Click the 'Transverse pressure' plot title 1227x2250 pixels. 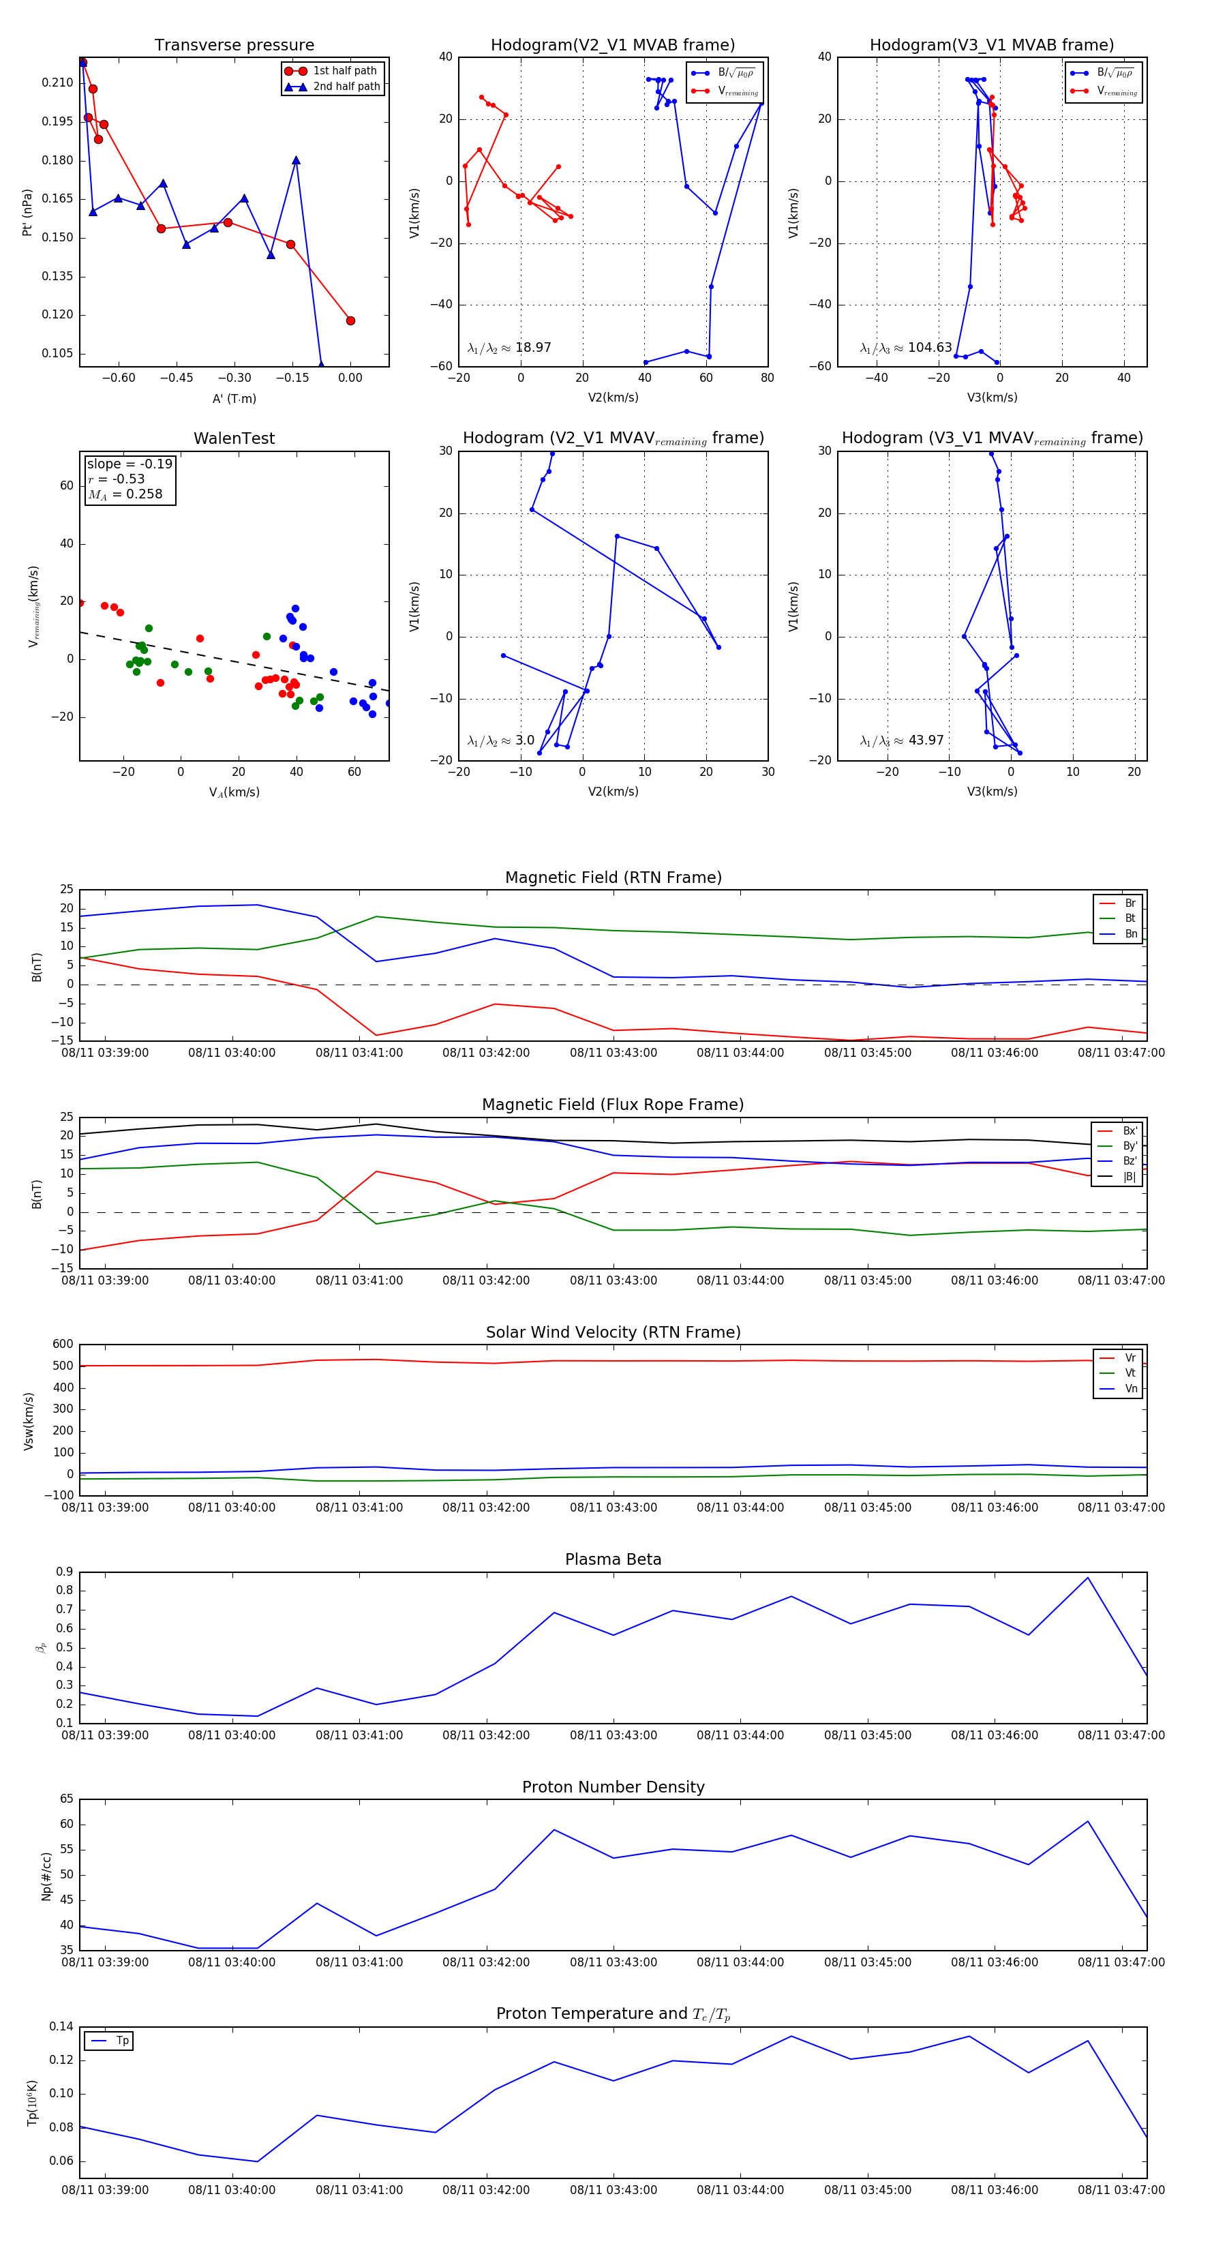(234, 46)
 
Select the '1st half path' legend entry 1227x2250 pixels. (344, 71)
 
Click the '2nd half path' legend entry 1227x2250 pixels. (346, 87)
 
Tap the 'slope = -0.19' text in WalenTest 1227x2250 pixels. (130, 464)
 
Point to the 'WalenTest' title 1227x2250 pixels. (234, 438)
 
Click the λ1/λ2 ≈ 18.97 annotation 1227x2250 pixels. (509, 348)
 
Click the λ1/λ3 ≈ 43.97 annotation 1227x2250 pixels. (901, 740)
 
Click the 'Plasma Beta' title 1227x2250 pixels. (613, 1560)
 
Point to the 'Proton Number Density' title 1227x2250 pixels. (613, 1787)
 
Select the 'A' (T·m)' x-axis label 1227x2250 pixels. (234, 399)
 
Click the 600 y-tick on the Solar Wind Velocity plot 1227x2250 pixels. (63, 1345)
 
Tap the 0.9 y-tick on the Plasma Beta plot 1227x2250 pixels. (64, 1572)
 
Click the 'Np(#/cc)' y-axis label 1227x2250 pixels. (46, 1876)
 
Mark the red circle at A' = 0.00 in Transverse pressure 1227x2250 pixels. (350, 320)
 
